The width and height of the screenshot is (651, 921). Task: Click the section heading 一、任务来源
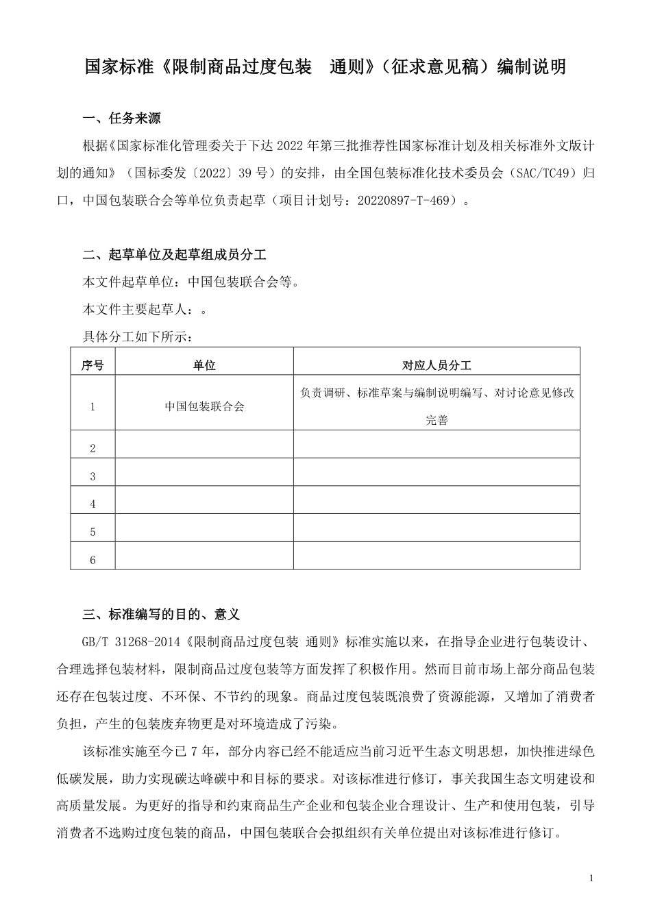pos(121,119)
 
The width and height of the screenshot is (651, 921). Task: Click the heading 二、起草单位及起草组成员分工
pos(174,255)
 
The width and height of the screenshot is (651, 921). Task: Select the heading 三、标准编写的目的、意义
pos(161,614)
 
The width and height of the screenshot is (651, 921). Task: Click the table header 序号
pos(93,365)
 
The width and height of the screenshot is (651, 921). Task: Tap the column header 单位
pos(204,365)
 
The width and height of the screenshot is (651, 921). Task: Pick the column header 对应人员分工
pos(437,365)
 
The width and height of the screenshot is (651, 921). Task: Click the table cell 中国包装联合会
pos(204,406)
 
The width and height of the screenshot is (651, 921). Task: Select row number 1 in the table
pos(93,407)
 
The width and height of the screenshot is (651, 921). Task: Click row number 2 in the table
pos(93,448)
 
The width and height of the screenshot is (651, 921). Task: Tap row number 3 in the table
pos(93,476)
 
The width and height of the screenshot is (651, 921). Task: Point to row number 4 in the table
pos(93,504)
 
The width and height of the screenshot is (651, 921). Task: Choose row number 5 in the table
pos(93,532)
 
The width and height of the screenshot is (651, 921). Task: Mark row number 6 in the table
pos(93,561)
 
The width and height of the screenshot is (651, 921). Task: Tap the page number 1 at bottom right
pos(591,879)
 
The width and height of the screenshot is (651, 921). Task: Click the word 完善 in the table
pos(437,420)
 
